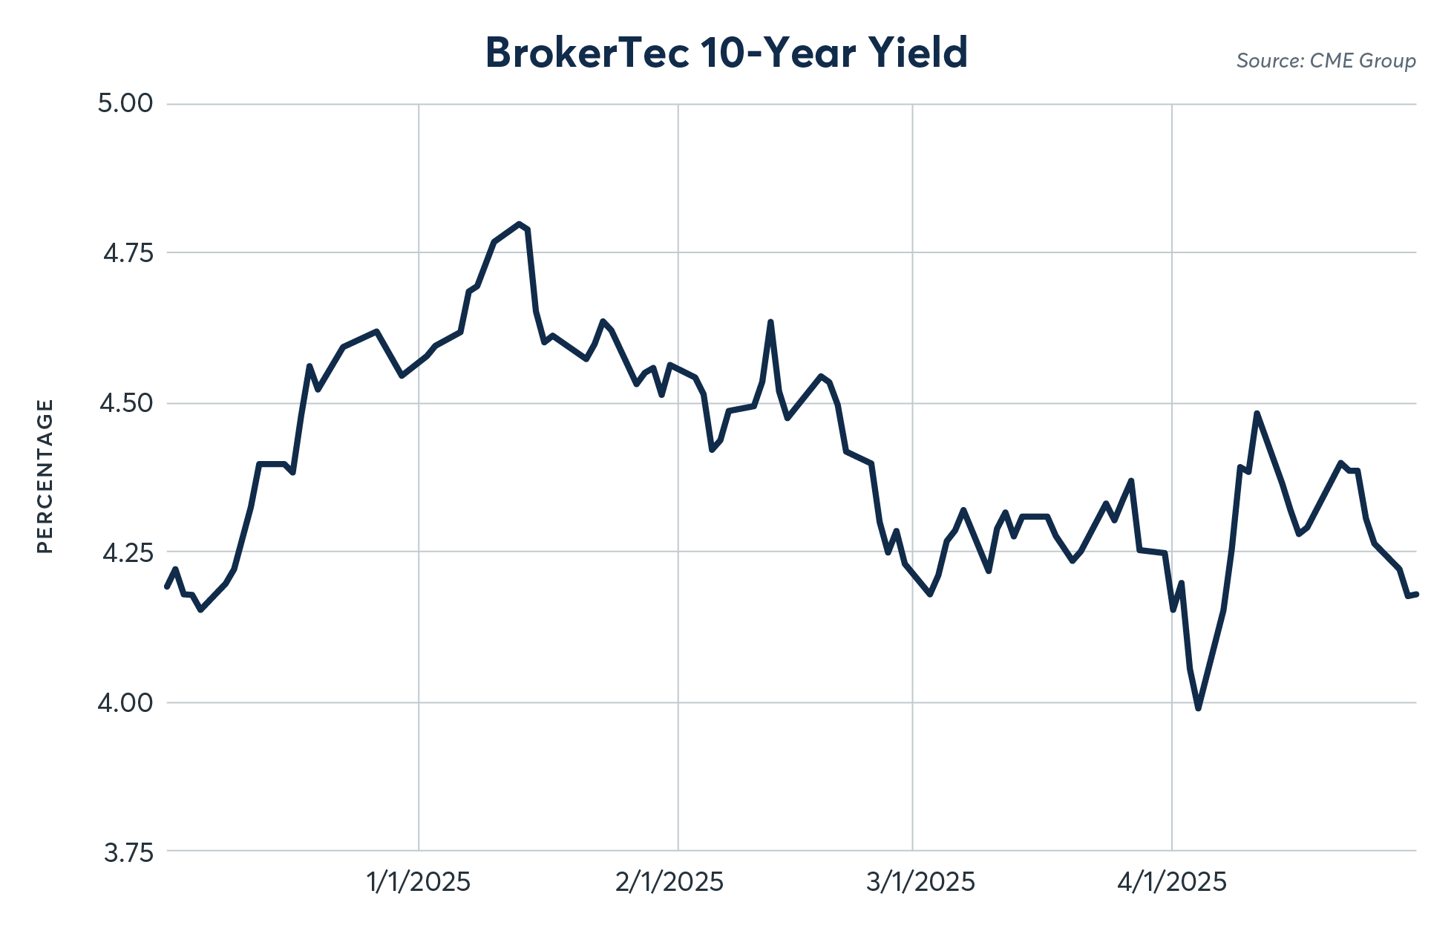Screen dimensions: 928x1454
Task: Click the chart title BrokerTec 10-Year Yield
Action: point(726,53)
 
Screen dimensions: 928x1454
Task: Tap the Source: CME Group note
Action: point(1326,61)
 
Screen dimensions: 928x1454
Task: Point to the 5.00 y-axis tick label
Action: point(125,103)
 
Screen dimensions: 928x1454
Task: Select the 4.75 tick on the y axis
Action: point(128,253)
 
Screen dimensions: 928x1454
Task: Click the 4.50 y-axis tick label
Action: point(126,403)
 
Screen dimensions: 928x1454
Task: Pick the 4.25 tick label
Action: point(127,553)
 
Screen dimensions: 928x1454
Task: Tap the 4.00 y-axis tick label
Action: point(125,702)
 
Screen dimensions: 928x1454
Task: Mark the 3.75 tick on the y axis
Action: point(128,853)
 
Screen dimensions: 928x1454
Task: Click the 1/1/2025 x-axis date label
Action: point(419,882)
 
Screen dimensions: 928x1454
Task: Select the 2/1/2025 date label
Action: point(669,882)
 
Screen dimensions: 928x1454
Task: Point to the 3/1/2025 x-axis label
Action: point(920,882)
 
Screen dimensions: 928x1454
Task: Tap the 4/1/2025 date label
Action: point(1172,882)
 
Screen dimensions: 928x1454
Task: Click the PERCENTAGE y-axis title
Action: point(45,476)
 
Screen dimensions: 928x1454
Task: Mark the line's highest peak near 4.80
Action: point(519,223)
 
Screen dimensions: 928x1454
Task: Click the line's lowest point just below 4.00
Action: point(1198,708)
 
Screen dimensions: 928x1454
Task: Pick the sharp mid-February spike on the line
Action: point(770,322)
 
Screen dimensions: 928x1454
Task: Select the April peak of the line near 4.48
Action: point(1257,414)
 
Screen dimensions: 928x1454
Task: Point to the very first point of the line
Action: point(167,586)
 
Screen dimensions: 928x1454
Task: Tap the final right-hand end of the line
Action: point(1415,594)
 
